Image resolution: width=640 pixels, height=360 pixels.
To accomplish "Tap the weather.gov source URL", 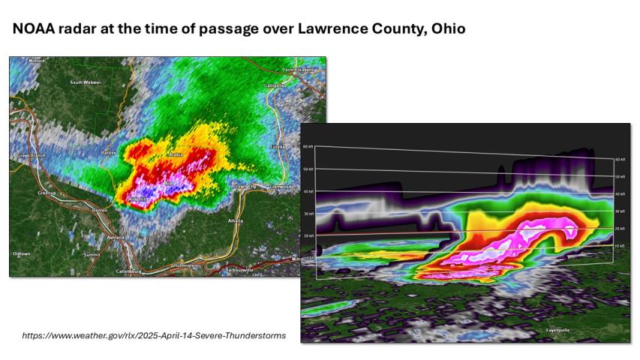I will [154, 335].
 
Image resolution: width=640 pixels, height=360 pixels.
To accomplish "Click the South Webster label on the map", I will [86, 82].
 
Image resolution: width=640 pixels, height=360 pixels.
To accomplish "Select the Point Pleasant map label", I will [299, 70].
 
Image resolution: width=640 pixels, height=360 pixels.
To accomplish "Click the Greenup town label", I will [47, 193].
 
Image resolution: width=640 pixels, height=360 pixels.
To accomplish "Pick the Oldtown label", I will [22, 253].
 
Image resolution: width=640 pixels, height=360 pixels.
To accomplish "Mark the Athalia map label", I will [236, 221].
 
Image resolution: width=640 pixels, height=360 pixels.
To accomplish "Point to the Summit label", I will [92, 255].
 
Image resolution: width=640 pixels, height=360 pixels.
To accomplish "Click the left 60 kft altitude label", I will [307, 147].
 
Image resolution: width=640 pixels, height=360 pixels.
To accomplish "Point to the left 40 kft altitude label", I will [307, 192].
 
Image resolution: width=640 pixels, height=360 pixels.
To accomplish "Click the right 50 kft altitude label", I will [620, 177].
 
